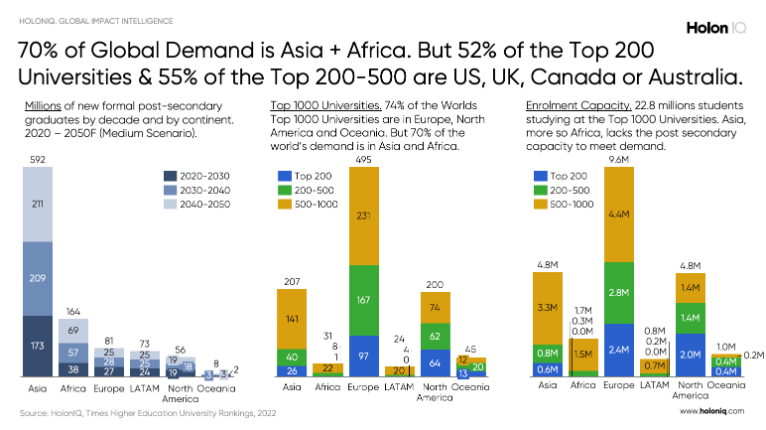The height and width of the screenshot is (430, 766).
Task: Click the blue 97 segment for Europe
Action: click(362, 355)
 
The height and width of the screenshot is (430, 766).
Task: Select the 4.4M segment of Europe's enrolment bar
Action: click(617, 214)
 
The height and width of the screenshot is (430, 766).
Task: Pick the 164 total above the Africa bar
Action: click(73, 309)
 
